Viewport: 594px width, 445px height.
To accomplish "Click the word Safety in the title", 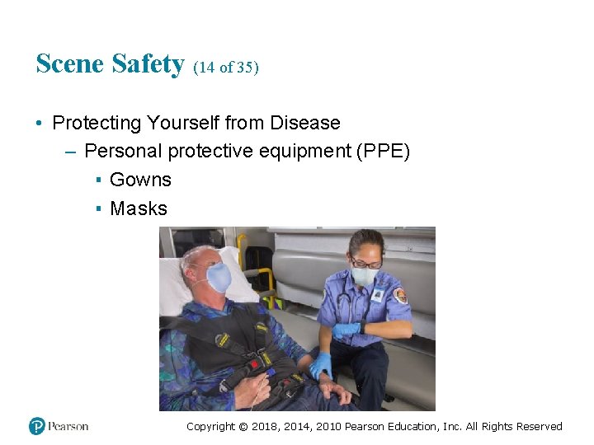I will pos(149,64).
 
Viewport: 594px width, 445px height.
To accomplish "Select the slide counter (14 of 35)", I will pos(226,68).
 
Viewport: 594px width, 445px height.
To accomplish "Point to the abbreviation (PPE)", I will pos(381,152).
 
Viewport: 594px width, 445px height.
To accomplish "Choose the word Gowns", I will pos(140,180).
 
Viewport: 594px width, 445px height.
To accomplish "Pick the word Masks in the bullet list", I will pos(138,208).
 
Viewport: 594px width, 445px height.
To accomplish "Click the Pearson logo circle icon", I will pos(36,426).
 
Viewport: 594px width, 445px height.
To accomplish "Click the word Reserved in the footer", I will pos(539,426).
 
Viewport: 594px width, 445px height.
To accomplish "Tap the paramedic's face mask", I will pos(364,276).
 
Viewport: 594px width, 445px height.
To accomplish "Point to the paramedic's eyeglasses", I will pos(365,263).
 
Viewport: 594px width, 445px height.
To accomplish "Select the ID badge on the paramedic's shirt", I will pos(378,294).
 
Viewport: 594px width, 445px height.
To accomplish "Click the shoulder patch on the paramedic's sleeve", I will pos(401,294).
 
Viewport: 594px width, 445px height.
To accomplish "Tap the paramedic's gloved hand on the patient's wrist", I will pos(320,365).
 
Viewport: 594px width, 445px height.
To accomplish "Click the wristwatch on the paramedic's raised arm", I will pos(361,328).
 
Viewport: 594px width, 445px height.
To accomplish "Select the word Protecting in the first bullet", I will pos(97,123).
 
